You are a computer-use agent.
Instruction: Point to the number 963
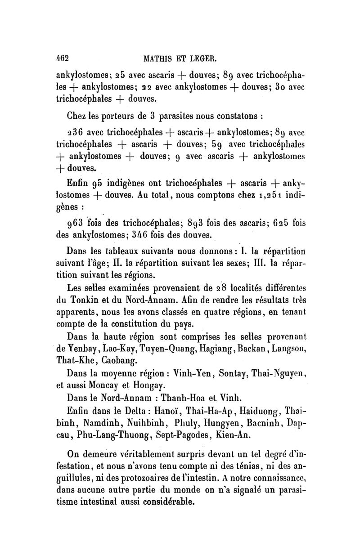point(73,223)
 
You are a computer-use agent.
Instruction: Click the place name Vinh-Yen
point(187,373)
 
